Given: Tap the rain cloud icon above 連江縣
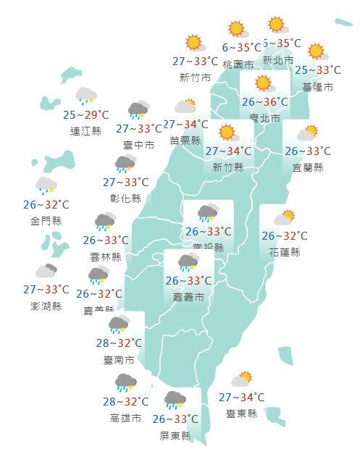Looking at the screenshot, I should click(x=85, y=96).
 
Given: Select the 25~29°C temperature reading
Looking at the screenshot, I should click(x=85, y=115).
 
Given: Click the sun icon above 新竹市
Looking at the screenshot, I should click(x=193, y=43).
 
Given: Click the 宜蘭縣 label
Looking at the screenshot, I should click(x=309, y=167).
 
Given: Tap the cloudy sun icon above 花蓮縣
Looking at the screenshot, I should click(x=283, y=217).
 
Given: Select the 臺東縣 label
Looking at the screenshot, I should click(x=241, y=414).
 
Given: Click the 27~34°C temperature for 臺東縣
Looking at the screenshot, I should click(x=241, y=398).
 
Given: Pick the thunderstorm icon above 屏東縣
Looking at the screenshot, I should click(x=175, y=400).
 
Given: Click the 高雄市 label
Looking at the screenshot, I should click(x=125, y=418).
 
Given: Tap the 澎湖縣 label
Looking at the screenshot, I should click(x=46, y=306).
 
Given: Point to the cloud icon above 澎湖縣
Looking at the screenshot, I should click(x=47, y=272).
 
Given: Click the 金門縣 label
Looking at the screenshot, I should click(x=46, y=221).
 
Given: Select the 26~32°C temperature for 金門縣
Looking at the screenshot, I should click(x=46, y=205).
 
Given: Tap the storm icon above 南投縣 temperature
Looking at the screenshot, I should click(x=208, y=213).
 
